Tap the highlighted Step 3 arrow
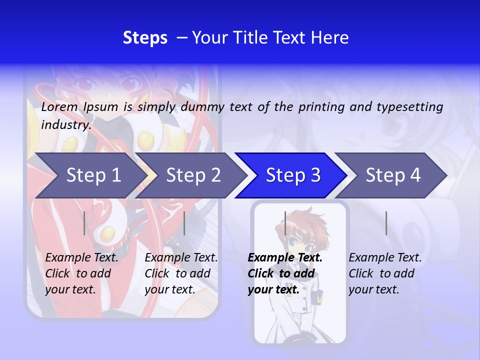292,175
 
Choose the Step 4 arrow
392,175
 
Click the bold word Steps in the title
145,38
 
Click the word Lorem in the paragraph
59,107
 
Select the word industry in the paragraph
65,125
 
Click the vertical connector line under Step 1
84,223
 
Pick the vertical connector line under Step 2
184,223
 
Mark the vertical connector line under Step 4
386,223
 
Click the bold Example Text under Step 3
285,258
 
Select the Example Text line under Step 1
81,258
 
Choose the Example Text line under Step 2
181,258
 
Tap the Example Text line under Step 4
385,258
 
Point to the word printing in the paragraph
322,107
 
